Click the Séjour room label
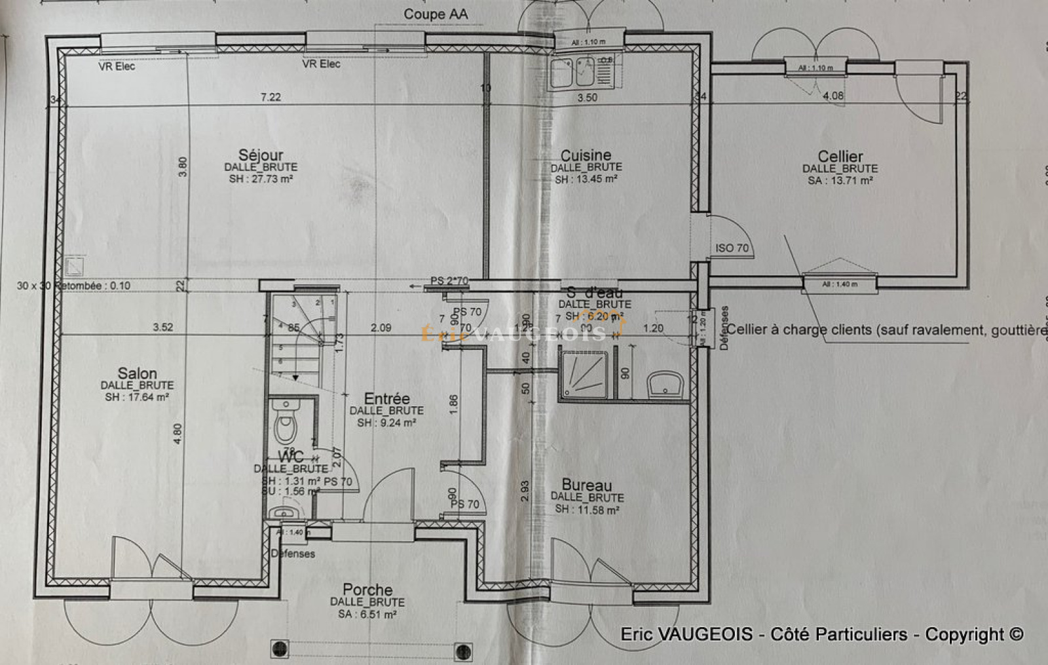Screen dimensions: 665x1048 point(261,155)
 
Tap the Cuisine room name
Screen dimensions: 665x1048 point(586,155)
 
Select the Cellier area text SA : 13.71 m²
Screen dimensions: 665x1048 point(840,181)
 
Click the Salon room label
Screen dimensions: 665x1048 point(137,373)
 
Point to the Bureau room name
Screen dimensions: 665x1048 point(587,485)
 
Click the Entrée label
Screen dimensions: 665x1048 point(386,398)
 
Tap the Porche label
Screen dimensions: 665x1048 point(367,590)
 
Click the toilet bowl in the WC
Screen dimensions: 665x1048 point(285,426)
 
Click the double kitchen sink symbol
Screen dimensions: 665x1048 point(572,73)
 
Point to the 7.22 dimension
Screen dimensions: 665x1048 point(271,97)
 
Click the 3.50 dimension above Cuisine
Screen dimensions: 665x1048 point(587,98)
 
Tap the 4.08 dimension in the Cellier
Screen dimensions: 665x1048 point(833,96)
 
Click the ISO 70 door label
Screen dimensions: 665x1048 point(732,248)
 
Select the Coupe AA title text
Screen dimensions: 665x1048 point(436,14)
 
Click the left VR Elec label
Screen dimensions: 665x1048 point(117,66)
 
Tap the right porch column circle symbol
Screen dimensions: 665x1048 point(464,651)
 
